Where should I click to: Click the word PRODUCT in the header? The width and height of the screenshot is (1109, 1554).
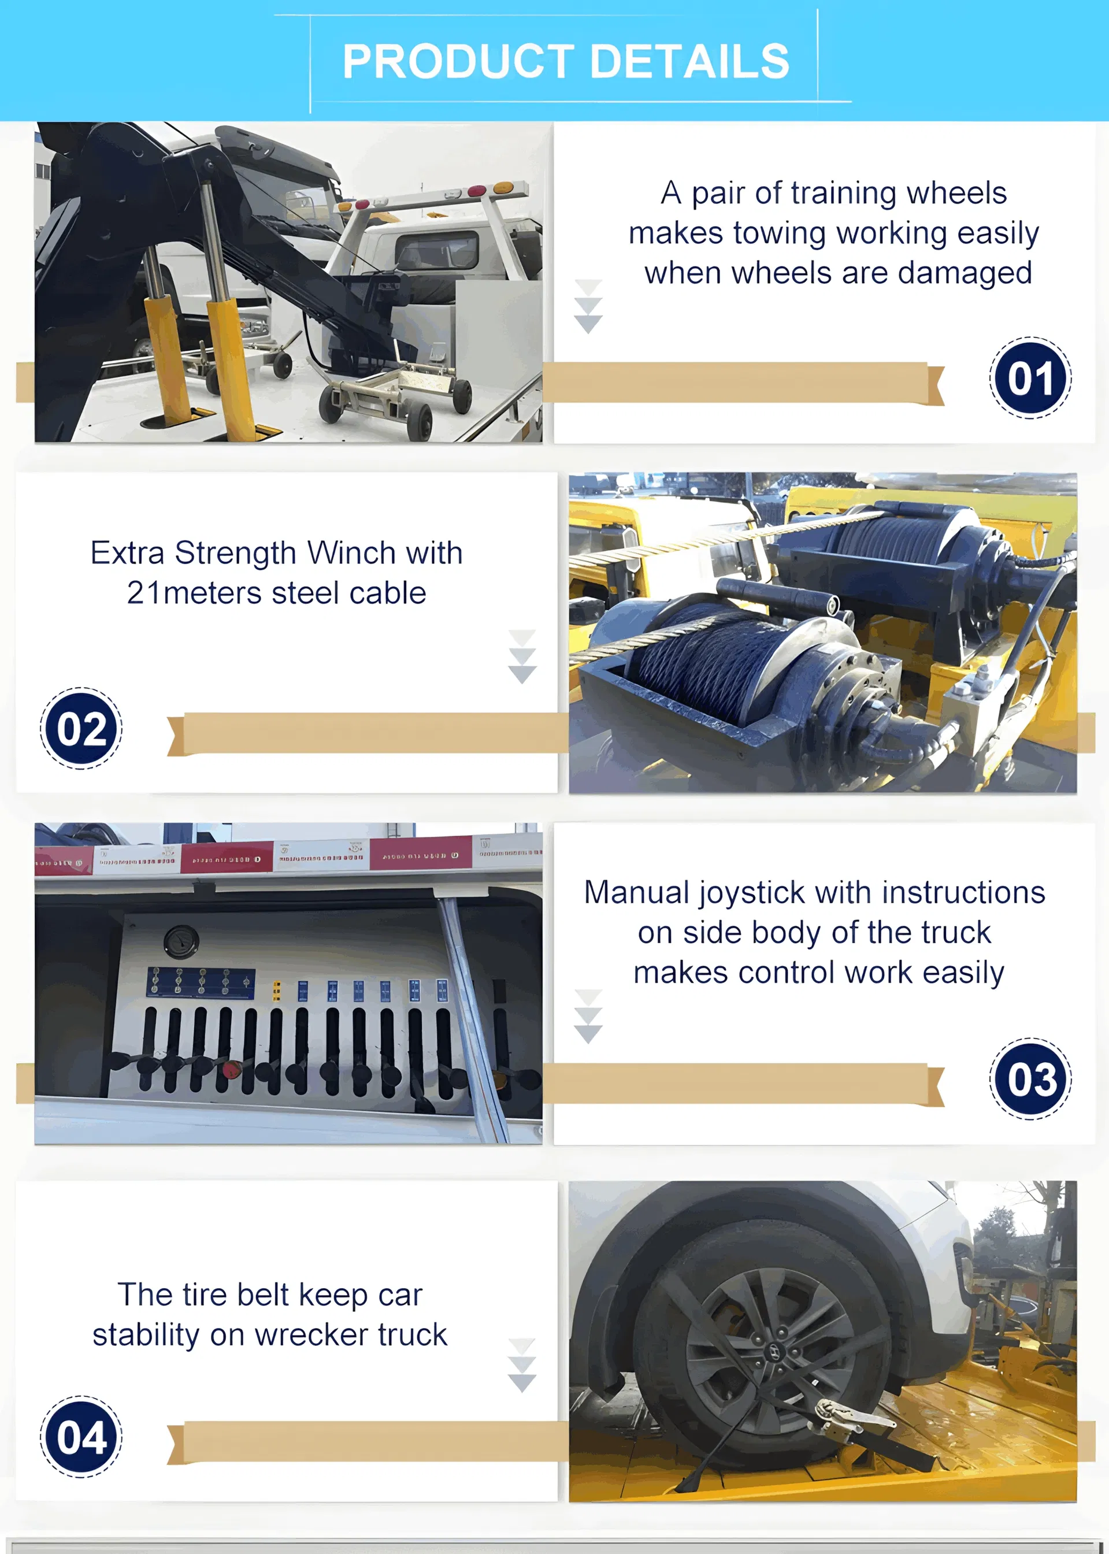pyautogui.click(x=458, y=61)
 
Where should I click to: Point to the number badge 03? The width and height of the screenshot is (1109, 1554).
pyautogui.click(x=1030, y=1079)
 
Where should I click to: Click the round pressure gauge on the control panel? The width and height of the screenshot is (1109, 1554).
pyautogui.click(x=181, y=941)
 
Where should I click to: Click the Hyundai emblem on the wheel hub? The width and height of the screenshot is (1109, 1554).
pyautogui.click(x=776, y=1352)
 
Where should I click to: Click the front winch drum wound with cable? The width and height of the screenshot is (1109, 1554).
pyautogui.click(x=710, y=662)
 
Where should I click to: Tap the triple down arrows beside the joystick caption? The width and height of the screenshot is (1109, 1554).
pyautogui.click(x=588, y=1016)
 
